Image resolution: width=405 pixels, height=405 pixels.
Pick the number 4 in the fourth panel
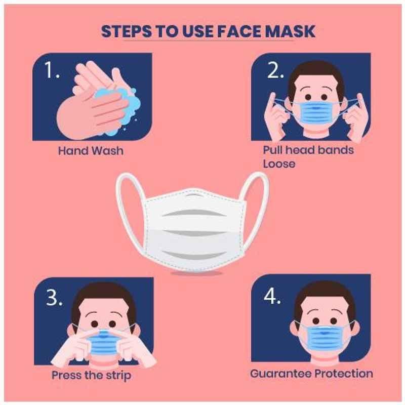[272, 296]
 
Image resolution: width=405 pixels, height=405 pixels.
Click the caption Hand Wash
[91, 150]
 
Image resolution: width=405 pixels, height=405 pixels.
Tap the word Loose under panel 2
[279, 164]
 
